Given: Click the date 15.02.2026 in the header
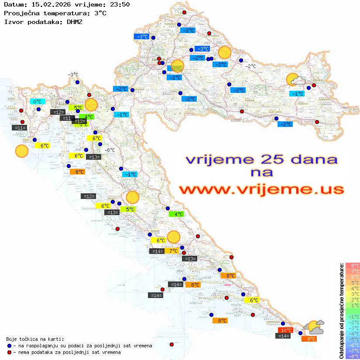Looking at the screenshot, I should coord(49,4).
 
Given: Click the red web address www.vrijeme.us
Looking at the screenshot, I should coord(261,189).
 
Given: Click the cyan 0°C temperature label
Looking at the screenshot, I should coord(38,102).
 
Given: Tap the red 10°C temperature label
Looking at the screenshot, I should coord(286,330).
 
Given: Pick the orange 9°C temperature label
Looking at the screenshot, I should coord(311,339).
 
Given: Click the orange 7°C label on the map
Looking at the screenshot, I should coord(173,251).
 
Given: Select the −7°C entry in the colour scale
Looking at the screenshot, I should coord(352,350).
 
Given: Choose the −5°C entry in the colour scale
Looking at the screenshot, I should coord(352,339).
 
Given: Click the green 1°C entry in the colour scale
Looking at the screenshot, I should coord(352,305).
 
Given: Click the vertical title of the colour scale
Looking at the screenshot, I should coord(341,311).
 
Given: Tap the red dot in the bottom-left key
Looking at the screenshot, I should coord(9,352).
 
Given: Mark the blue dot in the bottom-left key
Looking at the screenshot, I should coord(9,346).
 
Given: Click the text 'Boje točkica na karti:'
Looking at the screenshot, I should coord(35,339).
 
